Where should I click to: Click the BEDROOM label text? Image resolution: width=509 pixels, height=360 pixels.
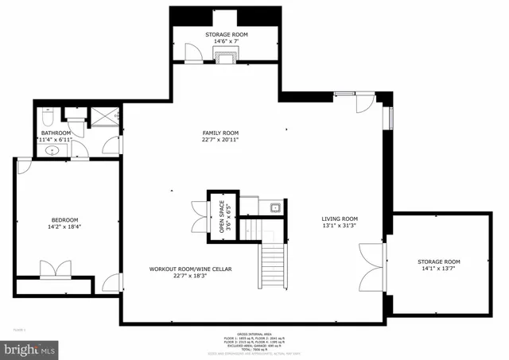pos(65,219)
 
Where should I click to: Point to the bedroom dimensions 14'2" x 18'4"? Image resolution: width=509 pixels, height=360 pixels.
pos(65,226)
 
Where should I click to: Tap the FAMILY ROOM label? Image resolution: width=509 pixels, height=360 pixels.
pos(220,133)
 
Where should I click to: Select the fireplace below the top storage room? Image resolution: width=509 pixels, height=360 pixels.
pos(225,55)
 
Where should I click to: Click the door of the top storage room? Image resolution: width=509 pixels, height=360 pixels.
pos(191,52)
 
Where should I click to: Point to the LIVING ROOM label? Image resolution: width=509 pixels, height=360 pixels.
pos(340,219)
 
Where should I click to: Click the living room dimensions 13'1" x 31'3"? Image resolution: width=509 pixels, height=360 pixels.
pos(340,226)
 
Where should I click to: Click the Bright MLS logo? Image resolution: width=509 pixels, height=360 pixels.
pos(29,348)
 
